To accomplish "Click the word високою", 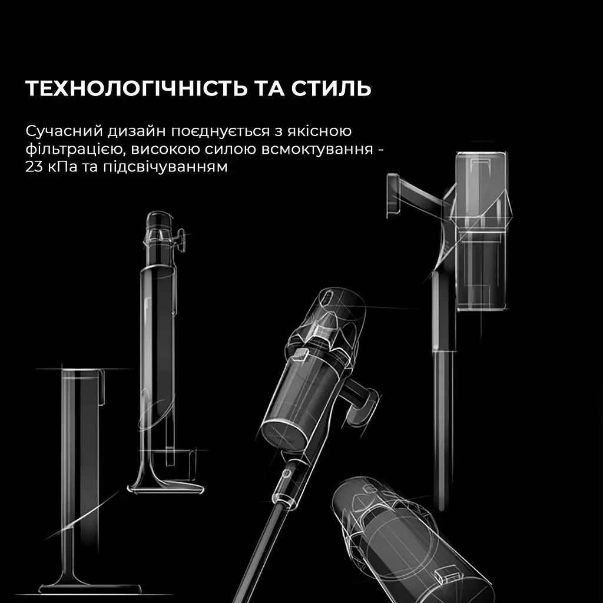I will coord(154,149).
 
